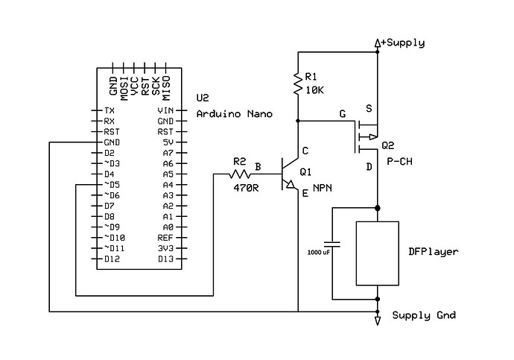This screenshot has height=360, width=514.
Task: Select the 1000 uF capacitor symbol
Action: click(332, 244)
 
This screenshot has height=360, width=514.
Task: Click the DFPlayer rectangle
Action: click(378, 253)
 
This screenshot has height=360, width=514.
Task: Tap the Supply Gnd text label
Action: click(424, 315)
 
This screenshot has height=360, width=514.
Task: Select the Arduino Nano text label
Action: click(234, 114)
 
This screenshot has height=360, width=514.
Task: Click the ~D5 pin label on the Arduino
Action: click(111, 184)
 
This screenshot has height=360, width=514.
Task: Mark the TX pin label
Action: click(109, 110)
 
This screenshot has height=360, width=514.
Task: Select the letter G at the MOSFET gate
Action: click(342, 114)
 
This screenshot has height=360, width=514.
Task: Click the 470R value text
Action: click(245, 188)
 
